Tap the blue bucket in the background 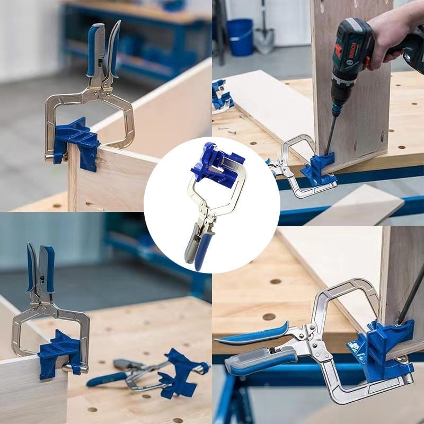pos(240,37)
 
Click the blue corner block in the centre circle pos(216,165)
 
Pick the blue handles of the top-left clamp pos(103,49)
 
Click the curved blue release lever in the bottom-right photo pos(251,335)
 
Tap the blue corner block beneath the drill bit pos(319,169)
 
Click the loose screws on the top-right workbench pos(227,130)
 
